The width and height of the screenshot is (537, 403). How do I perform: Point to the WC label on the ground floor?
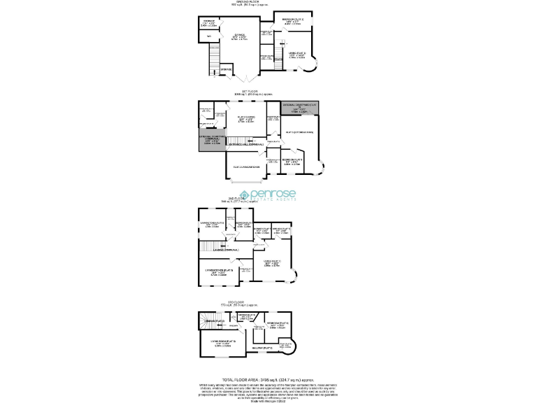208,36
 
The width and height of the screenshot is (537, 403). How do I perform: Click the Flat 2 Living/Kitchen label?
245,167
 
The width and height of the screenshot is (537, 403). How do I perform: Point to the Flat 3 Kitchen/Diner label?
301,132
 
